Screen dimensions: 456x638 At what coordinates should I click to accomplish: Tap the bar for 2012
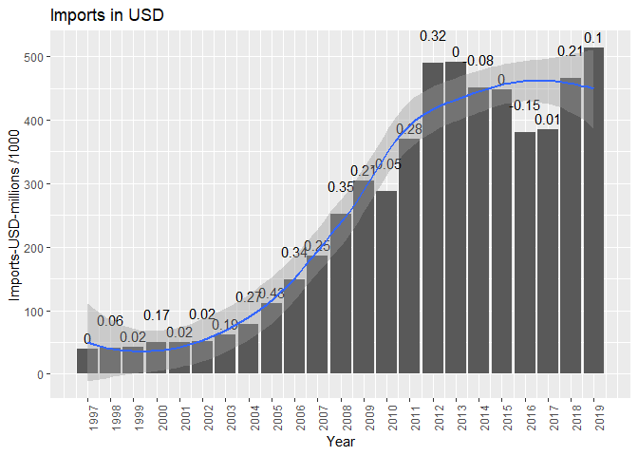[433, 218]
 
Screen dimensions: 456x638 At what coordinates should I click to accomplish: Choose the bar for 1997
[87, 361]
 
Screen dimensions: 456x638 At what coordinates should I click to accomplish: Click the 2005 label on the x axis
[272, 418]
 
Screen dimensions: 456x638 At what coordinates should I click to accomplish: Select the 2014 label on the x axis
[479, 418]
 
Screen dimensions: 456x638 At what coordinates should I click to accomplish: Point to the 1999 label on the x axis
[134, 418]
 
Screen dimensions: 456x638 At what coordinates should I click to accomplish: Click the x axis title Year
[341, 442]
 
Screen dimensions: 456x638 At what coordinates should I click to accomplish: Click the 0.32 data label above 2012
[433, 36]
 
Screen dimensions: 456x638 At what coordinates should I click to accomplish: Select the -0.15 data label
[525, 105]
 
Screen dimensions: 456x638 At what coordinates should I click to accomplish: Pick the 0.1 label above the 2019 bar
[593, 38]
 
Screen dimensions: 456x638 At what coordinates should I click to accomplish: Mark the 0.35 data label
[341, 187]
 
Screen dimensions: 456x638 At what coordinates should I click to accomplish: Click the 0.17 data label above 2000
[157, 315]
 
